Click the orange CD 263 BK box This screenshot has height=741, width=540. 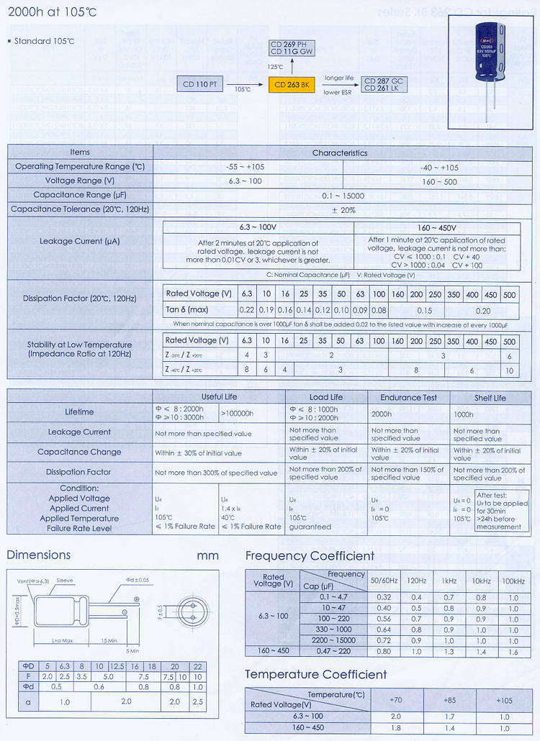tap(292, 85)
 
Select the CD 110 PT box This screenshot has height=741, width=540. tap(200, 85)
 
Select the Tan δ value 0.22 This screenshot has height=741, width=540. tap(247, 309)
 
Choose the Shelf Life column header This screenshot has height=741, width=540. tap(490, 397)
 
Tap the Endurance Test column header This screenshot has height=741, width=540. tap(408, 397)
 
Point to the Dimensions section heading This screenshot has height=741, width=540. tap(39, 555)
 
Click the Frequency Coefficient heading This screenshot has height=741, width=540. tap(310, 555)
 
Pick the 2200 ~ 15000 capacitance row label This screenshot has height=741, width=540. tap(333, 640)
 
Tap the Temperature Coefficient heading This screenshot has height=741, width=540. tap(315, 675)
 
